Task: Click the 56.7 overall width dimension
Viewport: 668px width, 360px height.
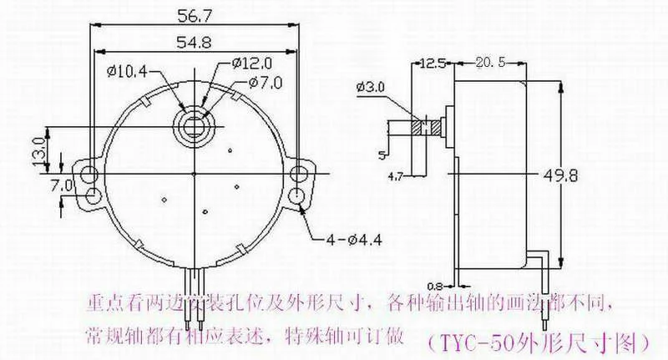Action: pyautogui.click(x=193, y=15)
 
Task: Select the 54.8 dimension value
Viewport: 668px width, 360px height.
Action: pyautogui.click(x=193, y=42)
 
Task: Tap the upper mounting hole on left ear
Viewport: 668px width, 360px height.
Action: pyautogui.click(x=88, y=173)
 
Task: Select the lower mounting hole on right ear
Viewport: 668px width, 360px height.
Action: pyautogui.click(x=298, y=197)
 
